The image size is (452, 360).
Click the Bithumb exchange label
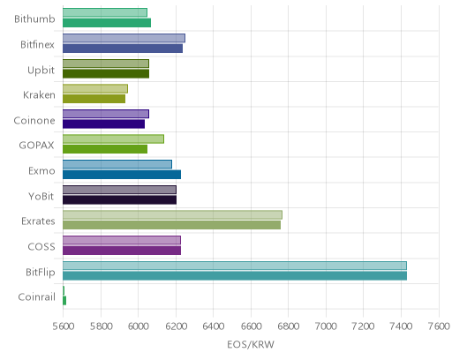tap(34, 19)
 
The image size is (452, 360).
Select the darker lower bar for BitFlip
tap(235, 276)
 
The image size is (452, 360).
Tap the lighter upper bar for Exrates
tap(172, 215)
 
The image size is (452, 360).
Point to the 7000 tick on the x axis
tap(326, 326)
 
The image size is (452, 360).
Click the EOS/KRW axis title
tap(251, 344)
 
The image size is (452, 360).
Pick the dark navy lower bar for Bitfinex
tap(123, 49)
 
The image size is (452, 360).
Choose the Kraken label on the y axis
tap(39, 95)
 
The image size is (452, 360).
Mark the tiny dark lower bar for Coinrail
tap(64, 301)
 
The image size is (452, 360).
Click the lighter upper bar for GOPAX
tap(113, 139)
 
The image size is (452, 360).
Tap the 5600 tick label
tap(64, 326)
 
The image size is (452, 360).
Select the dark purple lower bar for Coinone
tap(104, 124)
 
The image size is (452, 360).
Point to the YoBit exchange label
tap(41, 196)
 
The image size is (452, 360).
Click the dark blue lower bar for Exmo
tap(122, 175)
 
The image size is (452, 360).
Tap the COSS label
tap(41, 246)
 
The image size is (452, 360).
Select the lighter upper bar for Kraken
tap(95, 89)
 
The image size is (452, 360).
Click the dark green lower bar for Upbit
tap(106, 74)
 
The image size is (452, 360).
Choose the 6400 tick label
tap(214, 326)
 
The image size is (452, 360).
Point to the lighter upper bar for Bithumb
tap(105, 12)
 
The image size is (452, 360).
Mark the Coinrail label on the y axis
tap(37, 297)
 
